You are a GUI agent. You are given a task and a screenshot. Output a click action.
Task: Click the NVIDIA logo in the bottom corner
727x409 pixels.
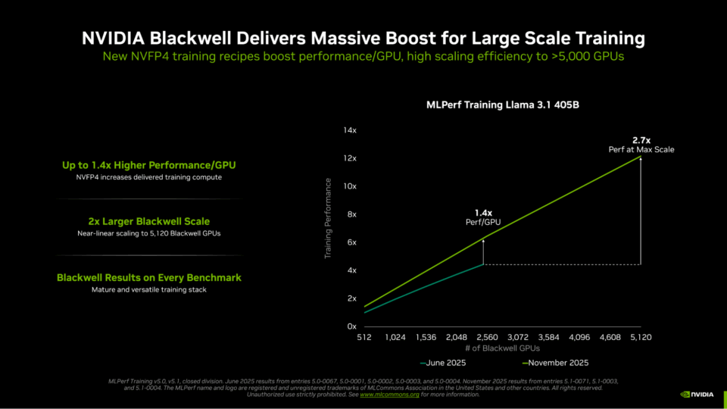696,394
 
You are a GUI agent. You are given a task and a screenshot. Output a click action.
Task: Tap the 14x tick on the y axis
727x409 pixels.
349,130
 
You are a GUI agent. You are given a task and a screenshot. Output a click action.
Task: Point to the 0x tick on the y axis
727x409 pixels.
351,326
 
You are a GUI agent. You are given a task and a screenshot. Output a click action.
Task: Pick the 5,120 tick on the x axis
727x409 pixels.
640,337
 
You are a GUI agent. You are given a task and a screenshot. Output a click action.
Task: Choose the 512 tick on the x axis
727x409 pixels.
364,337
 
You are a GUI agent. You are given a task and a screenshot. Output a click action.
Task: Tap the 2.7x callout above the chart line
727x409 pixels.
641,140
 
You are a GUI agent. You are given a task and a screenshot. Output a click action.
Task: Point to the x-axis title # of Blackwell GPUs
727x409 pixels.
503,348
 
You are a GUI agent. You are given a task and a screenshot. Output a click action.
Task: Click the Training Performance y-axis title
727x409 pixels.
329,218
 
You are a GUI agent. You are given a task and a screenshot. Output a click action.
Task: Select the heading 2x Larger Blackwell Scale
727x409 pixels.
149,221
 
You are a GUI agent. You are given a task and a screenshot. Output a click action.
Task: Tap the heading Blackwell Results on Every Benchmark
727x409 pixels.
149,278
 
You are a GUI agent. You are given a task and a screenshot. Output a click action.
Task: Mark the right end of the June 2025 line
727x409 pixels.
484,264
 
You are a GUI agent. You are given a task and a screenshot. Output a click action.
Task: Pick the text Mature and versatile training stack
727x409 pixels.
149,290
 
